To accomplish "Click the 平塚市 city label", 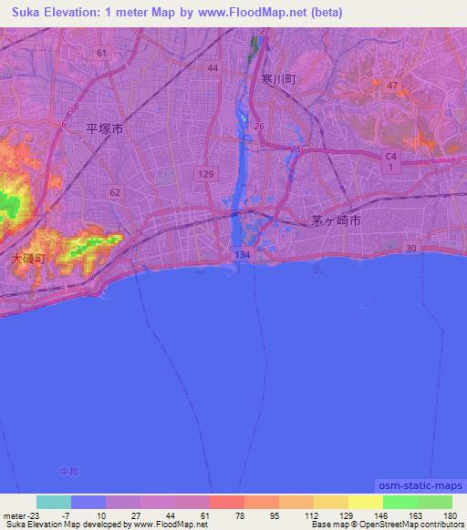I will (x=104, y=129).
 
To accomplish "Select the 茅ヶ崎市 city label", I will (x=330, y=220).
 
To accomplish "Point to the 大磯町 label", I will (x=28, y=259).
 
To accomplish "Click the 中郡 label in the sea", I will (x=68, y=471).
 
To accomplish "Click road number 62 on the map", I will (x=114, y=192).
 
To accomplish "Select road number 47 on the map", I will (x=392, y=85).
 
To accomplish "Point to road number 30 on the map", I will (x=411, y=249).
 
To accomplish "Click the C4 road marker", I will (x=390, y=158).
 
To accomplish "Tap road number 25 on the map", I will (x=295, y=148).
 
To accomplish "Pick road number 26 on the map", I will (x=259, y=126).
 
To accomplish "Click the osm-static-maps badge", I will (x=419, y=488).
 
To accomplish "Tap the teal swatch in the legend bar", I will (x=54, y=502).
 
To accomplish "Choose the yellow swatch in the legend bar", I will (x=365, y=502).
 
